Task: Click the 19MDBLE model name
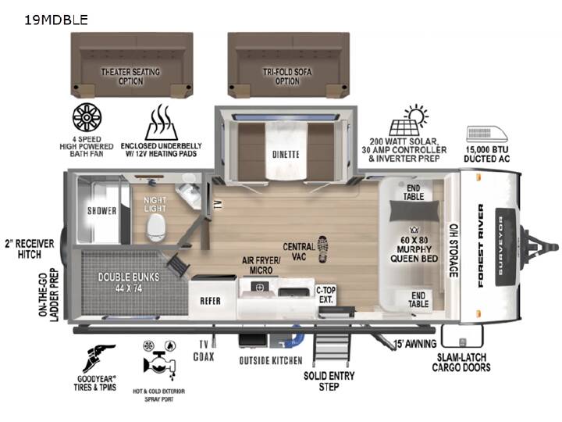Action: click(x=56, y=20)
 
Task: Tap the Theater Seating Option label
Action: click(x=130, y=77)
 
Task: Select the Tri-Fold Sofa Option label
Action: click(x=287, y=77)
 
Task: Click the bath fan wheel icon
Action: click(x=87, y=118)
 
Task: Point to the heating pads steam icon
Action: click(x=162, y=123)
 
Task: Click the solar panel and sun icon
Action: click(x=408, y=120)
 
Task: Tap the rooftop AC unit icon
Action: click(x=487, y=134)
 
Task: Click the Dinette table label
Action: click(x=286, y=154)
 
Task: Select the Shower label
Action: click(x=101, y=211)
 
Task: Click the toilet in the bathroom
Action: click(x=156, y=228)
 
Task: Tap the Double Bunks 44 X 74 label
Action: click(x=129, y=282)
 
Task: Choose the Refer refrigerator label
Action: click(x=211, y=301)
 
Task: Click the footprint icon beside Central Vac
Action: click(x=322, y=249)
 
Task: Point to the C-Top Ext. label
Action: click(x=325, y=295)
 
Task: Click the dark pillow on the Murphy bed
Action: click(x=414, y=211)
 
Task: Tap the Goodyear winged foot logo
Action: click(x=98, y=358)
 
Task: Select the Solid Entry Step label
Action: click(x=329, y=381)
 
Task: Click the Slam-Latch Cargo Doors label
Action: click(x=461, y=363)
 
